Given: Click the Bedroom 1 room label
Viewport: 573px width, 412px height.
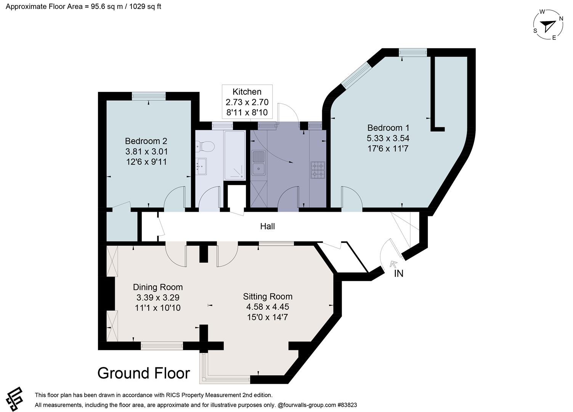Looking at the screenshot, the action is coord(388,128).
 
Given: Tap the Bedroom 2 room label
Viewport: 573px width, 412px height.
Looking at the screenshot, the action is coord(146,141).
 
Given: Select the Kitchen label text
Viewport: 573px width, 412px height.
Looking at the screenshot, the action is coord(247,92).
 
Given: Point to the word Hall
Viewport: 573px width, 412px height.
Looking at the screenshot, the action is coord(267,226).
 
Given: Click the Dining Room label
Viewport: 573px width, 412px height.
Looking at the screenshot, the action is coord(158,287).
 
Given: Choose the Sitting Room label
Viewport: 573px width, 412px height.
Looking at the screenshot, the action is coord(268,296).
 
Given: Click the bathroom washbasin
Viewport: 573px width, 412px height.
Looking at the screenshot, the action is coord(201,166).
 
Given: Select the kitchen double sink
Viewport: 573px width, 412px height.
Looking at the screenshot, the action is coord(258,163).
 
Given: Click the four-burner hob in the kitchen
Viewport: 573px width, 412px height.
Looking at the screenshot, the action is coord(318,170).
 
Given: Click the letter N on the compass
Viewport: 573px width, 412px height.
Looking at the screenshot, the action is coord(561,18).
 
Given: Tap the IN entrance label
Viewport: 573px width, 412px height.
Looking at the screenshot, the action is coord(398,274).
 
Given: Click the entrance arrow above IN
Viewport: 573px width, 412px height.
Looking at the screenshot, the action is coord(393,264).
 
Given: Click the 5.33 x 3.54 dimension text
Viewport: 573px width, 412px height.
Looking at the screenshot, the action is coord(388,138).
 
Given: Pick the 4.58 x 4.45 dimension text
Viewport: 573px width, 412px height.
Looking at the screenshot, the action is coord(268,307).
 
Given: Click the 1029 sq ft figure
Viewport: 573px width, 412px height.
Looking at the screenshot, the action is coord(145,6).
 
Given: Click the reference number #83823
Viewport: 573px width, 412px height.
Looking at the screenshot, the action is coord(347,405).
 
